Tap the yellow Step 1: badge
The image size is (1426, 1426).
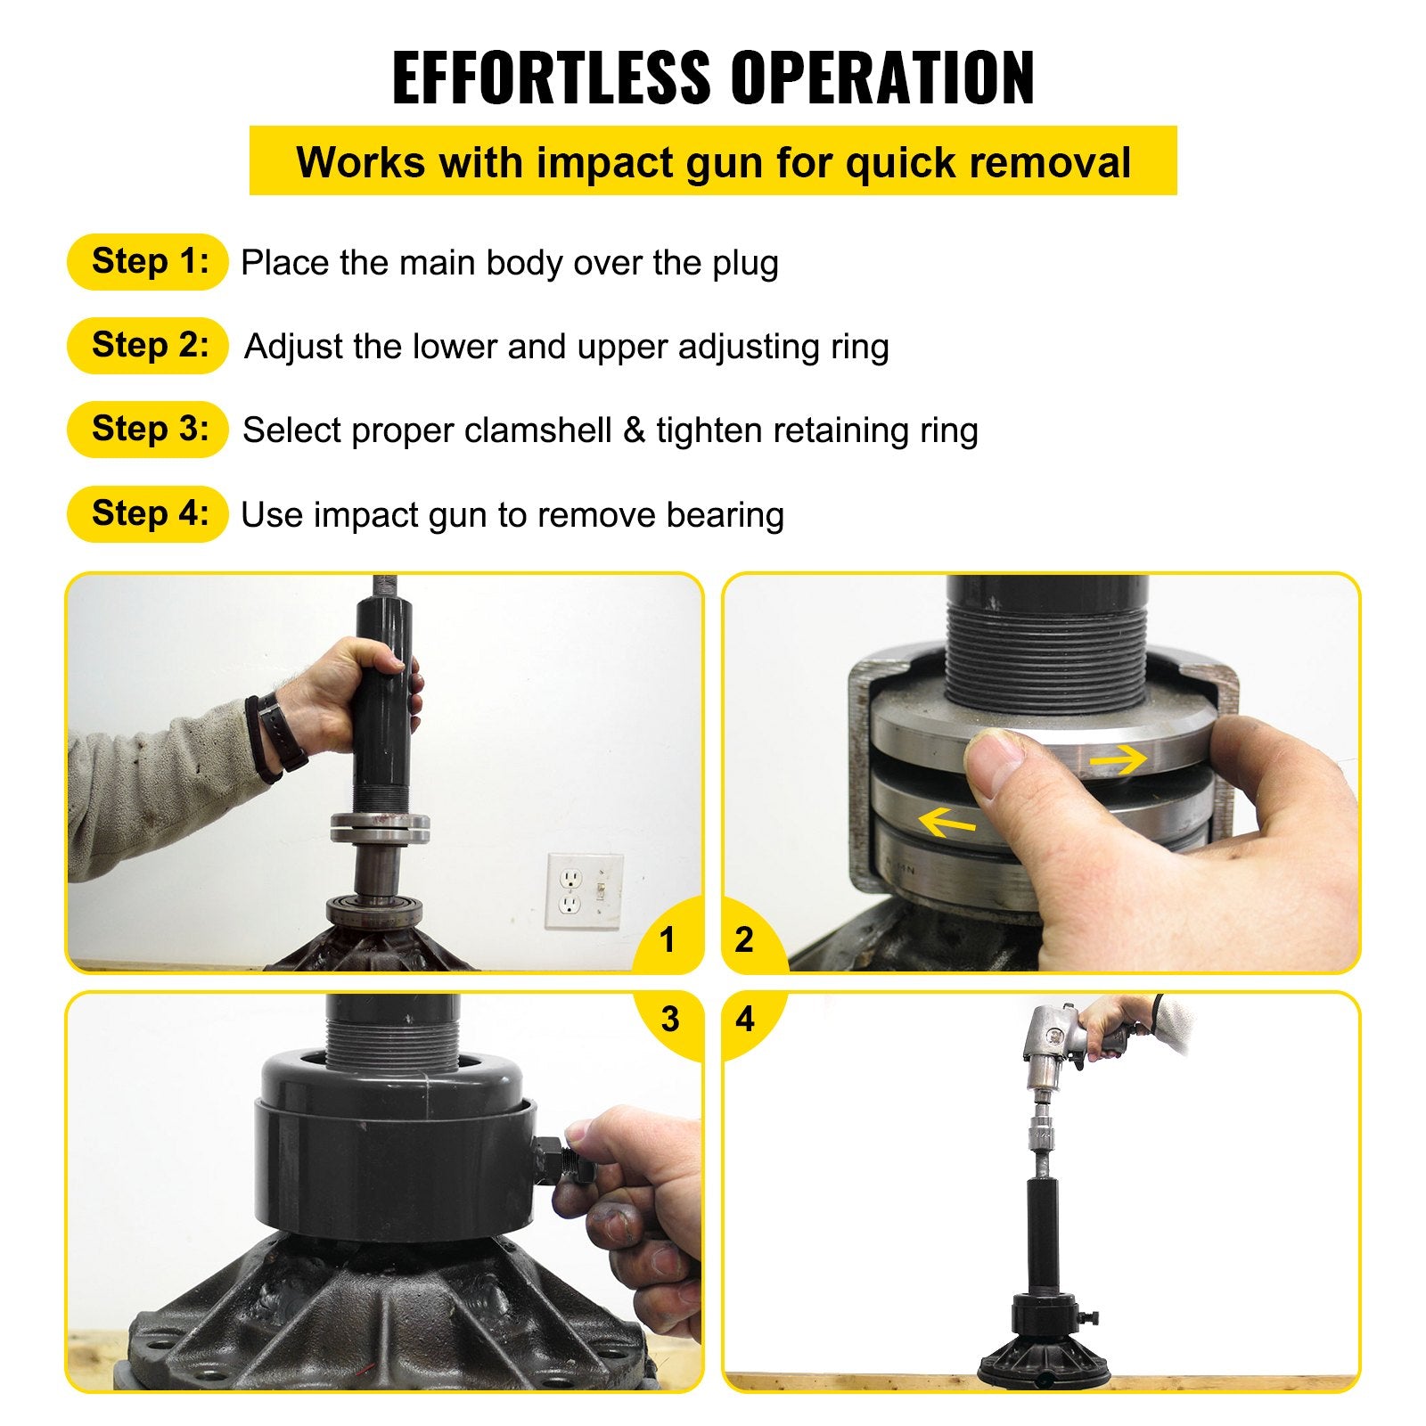[148, 262]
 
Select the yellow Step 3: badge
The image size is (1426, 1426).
[148, 430]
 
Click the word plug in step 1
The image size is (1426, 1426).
[745, 264]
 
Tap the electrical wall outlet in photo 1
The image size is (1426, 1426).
[571, 891]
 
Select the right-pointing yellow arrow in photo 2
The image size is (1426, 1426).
[1118, 760]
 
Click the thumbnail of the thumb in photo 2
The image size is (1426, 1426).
[996, 756]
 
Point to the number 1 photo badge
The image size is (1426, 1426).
[667, 939]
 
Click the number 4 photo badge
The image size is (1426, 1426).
[745, 1019]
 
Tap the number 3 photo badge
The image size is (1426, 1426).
[670, 1019]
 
